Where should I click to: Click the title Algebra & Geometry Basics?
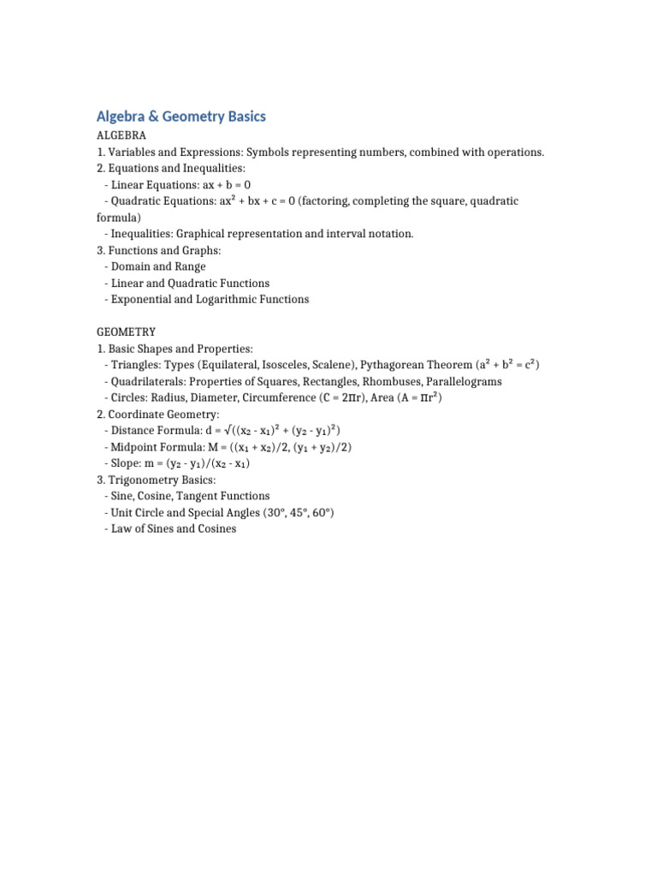click(x=181, y=116)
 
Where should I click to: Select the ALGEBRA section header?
click(x=121, y=136)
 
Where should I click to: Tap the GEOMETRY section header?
click(x=126, y=332)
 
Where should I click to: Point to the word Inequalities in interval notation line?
click(x=145, y=234)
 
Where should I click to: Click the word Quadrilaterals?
click(x=147, y=382)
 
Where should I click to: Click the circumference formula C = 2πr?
click(x=344, y=398)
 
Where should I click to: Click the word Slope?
click(x=127, y=463)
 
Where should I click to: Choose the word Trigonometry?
click(x=140, y=480)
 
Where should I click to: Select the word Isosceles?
click(x=288, y=365)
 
